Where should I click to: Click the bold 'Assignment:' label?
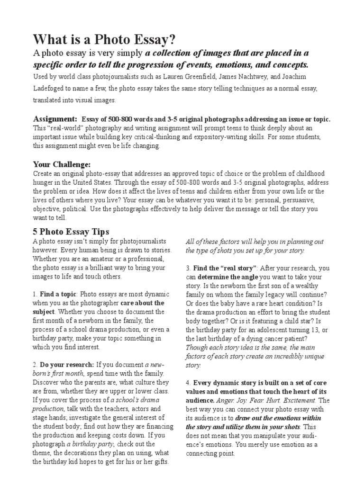point(55,118)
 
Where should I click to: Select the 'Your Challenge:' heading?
point(61,164)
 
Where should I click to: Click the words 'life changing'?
point(136,146)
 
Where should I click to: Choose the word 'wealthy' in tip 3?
point(317,285)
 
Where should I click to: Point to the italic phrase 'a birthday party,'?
point(89,444)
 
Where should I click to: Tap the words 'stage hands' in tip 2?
point(51,417)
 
